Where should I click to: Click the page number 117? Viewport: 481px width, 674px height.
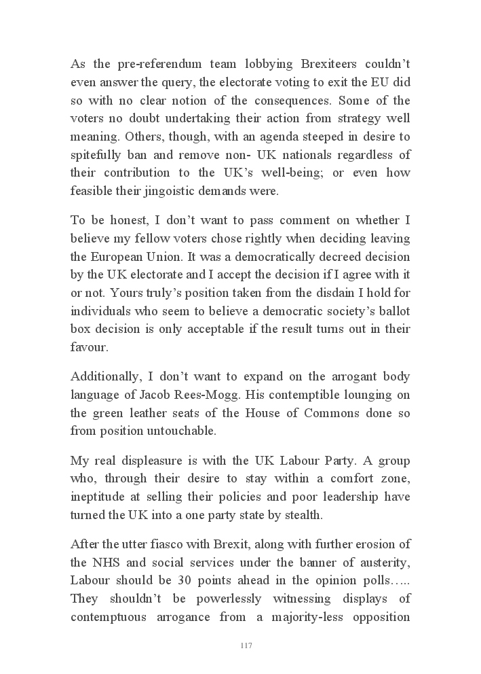(x=246, y=645)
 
